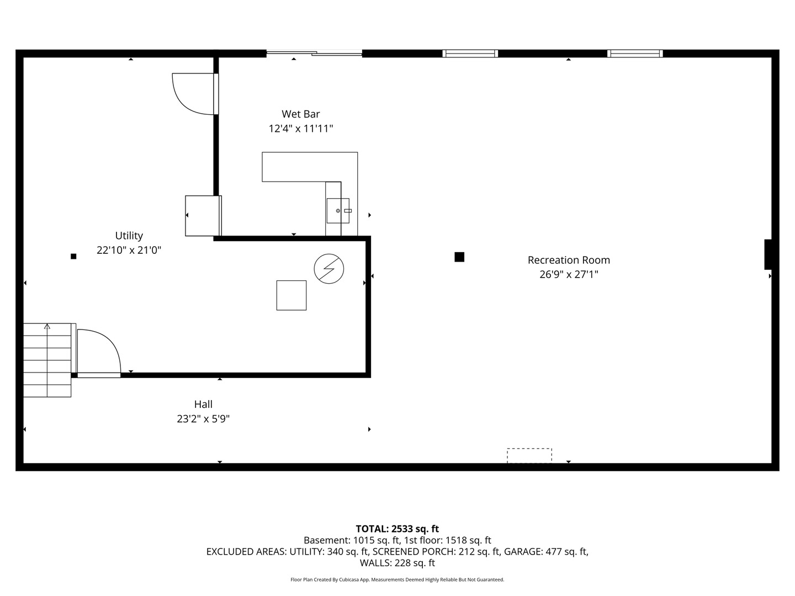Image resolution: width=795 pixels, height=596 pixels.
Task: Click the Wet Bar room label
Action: click(301, 114)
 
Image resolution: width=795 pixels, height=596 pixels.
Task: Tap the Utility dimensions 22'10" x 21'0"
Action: click(129, 250)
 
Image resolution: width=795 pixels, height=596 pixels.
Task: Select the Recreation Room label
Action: click(569, 260)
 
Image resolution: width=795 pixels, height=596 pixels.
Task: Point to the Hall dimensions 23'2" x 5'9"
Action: click(203, 419)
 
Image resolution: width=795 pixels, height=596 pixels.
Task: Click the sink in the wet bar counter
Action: click(338, 211)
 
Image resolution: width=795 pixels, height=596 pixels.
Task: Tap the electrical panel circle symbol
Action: click(329, 269)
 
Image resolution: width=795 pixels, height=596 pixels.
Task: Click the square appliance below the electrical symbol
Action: click(291, 295)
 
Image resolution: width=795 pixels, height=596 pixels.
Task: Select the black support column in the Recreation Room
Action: click(459, 257)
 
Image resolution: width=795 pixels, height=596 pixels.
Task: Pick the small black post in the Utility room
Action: click(73, 256)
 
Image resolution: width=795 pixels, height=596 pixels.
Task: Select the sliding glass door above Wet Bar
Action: click(314, 53)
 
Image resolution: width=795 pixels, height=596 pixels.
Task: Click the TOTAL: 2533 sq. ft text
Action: click(397, 529)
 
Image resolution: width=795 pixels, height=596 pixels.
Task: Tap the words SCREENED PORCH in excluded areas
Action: click(414, 551)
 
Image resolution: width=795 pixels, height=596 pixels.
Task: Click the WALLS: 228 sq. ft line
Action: click(397, 563)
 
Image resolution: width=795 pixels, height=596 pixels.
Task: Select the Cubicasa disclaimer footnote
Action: click(397, 579)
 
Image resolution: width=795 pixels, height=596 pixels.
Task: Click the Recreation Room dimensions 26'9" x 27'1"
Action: click(569, 274)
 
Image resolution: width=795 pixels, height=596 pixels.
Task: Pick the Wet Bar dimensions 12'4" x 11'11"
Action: click(301, 129)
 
